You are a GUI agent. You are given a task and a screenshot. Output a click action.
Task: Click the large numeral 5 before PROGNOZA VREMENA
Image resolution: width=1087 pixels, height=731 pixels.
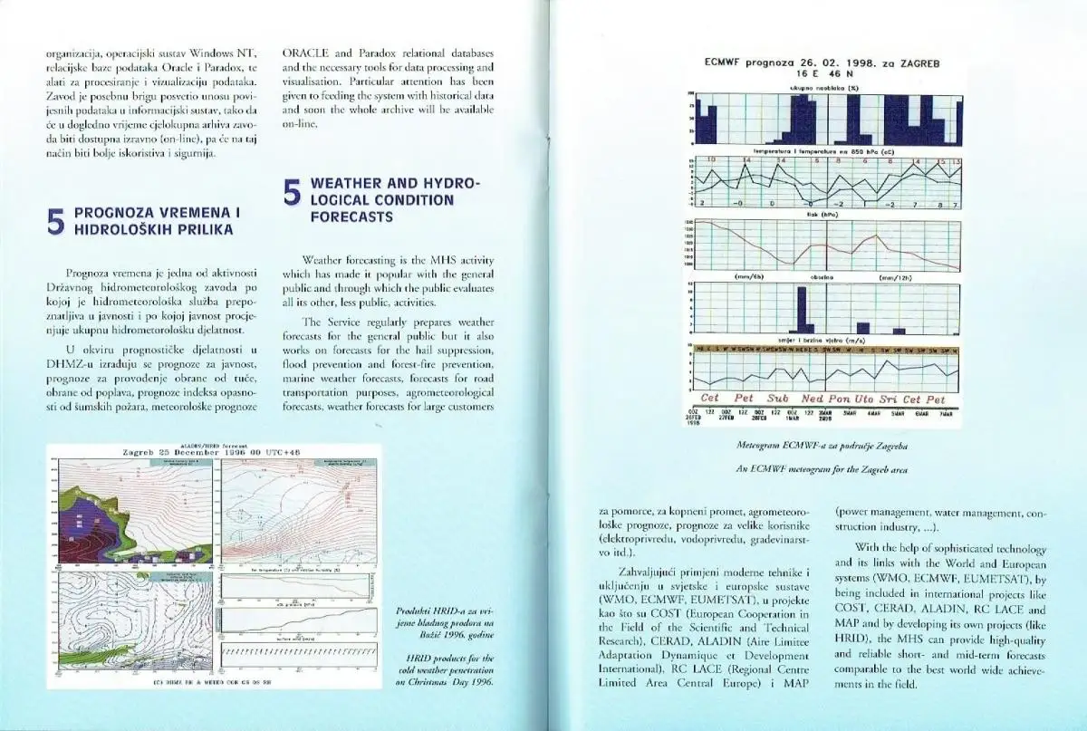55,221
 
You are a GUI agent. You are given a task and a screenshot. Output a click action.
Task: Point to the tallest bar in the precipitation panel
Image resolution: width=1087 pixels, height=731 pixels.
801,310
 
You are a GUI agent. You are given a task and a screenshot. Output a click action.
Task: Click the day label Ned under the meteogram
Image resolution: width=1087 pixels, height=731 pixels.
813,399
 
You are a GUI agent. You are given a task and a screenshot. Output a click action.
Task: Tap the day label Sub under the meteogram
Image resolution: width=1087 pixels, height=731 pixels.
778,399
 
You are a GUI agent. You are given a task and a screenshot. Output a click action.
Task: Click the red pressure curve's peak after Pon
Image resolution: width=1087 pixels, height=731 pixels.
877,237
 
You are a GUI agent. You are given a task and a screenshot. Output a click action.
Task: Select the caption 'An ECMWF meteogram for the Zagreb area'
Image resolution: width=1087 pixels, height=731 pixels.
822,469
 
